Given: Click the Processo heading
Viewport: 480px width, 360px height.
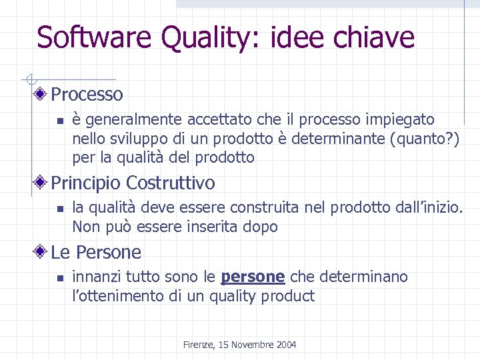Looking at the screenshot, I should point(87,94).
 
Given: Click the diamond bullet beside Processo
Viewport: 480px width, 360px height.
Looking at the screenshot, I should point(41,94).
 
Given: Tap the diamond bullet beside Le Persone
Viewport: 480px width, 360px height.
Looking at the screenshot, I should point(41,252).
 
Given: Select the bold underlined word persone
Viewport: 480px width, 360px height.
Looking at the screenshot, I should point(253,277).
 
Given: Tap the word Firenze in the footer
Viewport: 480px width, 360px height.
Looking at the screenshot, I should point(199,345).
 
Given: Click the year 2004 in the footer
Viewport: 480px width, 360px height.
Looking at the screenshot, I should point(285,345).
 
